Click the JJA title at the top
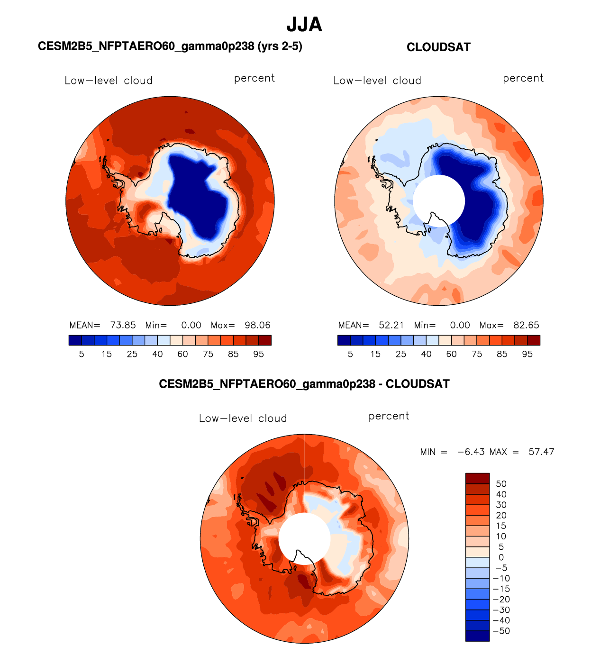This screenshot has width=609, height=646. pyautogui.click(x=304, y=25)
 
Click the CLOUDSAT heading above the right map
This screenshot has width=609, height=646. pyautogui.click(x=438, y=47)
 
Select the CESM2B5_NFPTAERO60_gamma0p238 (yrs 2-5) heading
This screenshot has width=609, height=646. pyautogui.click(x=170, y=46)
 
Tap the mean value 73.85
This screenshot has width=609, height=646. pyautogui.click(x=123, y=325)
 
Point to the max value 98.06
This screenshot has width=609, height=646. pyautogui.click(x=257, y=325)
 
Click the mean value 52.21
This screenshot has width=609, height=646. pyautogui.click(x=391, y=325)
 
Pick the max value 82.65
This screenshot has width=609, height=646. pyautogui.click(x=526, y=325)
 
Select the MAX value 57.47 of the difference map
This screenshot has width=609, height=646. pyautogui.click(x=541, y=452)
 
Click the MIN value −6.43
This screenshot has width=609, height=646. pyautogui.click(x=471, y=452)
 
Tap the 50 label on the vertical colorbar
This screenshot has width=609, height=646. pyautogui.click(x=501, y=484)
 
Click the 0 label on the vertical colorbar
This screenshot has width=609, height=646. pyautogui.click(x=501, y=557)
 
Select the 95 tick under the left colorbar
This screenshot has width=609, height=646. pyautogui.click(x=258, y=354)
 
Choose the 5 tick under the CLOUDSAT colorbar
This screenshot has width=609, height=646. pyautogui.click(x=350, y=354)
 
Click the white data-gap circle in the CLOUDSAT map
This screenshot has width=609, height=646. pyautogui.click(x=439, y=201)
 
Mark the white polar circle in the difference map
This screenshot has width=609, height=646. pyautogui.click(x=304, y=538)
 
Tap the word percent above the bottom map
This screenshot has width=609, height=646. pyautogui.click(x=389, y=416)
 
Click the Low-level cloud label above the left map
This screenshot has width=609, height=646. pyautogui.click(x=109, y=81)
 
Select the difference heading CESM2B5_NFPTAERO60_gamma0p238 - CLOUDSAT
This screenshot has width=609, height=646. pyautogui.click(x=304, y=384)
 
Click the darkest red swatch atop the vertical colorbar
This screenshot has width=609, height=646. pyautogui.click(x=477, y=478)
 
